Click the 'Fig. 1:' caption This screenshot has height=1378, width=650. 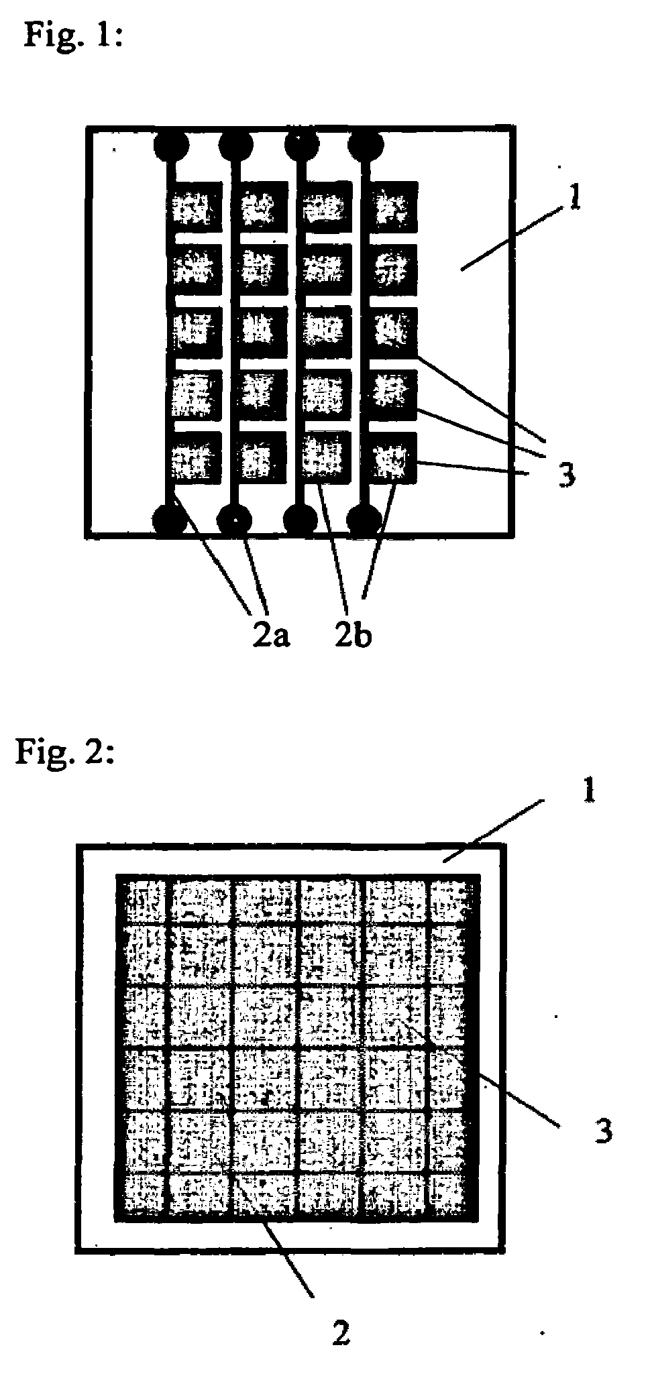tap(73, 34)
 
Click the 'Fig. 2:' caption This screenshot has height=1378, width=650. tap(66, 752)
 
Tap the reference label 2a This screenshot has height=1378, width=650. tap(271, 635)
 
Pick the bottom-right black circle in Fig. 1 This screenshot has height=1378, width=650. tap(366, 519)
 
